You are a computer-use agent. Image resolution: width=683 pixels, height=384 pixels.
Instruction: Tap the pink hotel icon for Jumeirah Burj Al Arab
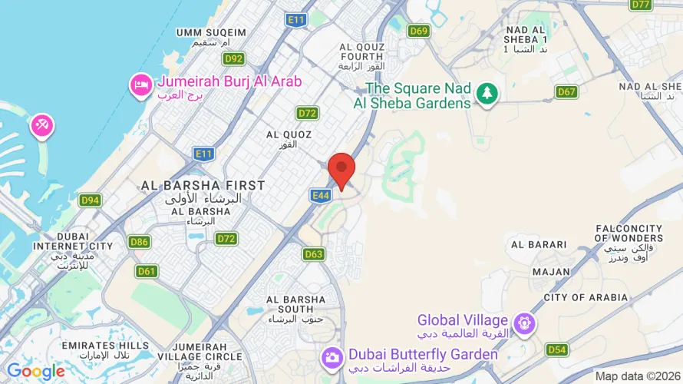coord(141,84)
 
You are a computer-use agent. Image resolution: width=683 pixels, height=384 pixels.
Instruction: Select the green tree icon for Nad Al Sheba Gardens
coord(486,94)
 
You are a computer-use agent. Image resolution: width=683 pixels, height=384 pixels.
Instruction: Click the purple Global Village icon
coord(525,323)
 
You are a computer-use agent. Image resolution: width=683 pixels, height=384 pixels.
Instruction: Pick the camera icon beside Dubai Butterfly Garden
coord(332,356)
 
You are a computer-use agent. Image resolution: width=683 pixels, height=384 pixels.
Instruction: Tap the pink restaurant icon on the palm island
coord(41,126)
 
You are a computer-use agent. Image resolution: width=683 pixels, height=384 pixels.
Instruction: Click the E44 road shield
coord(321,196)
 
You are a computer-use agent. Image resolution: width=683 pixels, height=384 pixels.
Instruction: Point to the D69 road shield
coord(418,31)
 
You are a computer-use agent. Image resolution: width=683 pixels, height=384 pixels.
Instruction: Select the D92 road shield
coord(234,58)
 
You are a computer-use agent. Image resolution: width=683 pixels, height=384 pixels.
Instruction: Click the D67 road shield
coord(566,92)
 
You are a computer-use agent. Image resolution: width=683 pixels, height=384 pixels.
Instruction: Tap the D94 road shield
coord(90,200)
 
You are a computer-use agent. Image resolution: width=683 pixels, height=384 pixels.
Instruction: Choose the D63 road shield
coord(313,254)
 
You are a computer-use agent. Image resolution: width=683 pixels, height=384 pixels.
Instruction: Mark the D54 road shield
coord(557,350)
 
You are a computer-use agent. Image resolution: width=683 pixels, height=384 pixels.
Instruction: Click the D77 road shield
coord(641,5)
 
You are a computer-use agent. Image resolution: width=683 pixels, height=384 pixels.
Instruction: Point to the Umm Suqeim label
coord(211,32)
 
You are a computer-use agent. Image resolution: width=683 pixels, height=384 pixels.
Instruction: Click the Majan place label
coord(550,271)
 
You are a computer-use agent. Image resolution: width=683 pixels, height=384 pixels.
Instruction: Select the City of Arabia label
coord(586,297)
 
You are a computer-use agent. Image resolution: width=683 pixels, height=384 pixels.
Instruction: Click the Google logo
coord(35,372)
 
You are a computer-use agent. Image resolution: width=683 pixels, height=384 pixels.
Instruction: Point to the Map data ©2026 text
coord(637,376)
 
